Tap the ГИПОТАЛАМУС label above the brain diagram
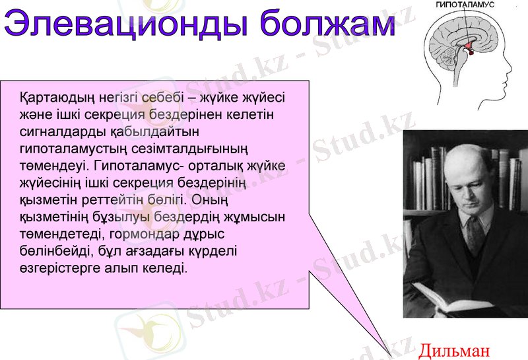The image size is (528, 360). click(465, 5)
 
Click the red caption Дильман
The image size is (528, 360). click(455, 349)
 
